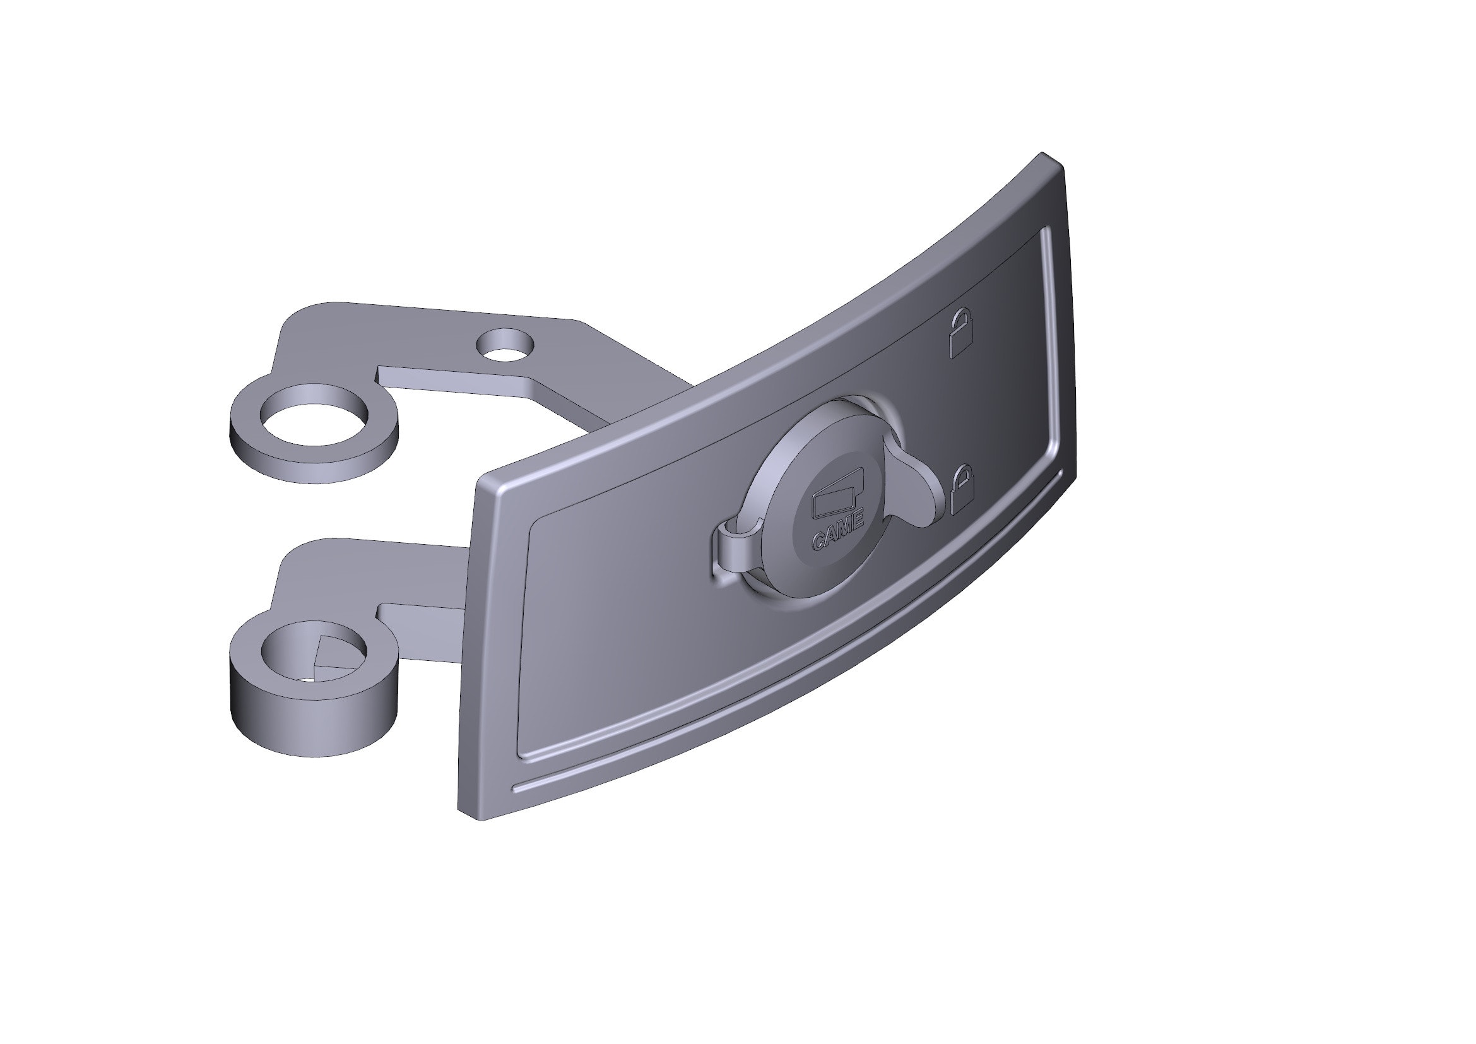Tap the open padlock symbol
pyautogui.click(x=960, y=333)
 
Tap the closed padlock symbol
pyautogui.click(x=961, y=490)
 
